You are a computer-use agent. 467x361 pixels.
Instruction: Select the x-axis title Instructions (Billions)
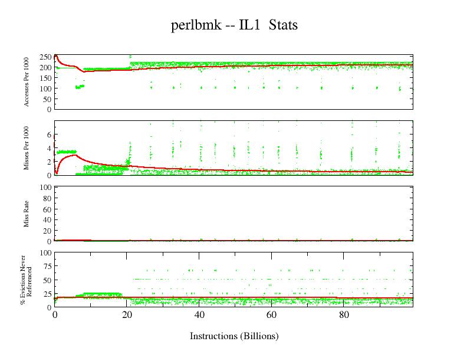(x=234, y=336)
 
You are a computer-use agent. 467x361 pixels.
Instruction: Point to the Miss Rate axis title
(x=27, y=214)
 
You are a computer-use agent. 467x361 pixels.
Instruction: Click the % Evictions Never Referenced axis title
(x=27, y=280)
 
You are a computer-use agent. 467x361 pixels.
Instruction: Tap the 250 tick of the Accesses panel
(x=45, y=57)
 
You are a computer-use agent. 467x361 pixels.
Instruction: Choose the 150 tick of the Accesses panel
(x=45, y=78)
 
